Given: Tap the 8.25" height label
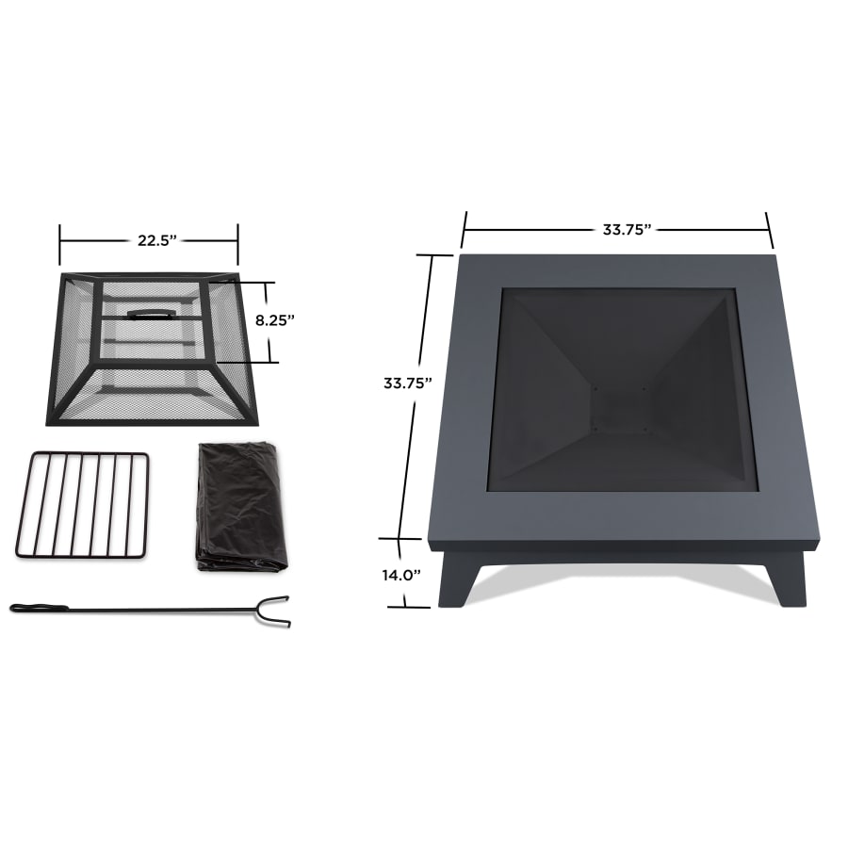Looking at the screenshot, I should (275, 319).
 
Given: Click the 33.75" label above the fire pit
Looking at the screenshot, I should (627, 229).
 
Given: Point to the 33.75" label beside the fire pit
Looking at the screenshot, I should (407, 383).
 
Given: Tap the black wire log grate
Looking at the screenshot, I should (83, 505).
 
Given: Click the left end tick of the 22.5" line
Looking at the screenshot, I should (60, 244).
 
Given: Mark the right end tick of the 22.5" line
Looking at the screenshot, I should (237, 244).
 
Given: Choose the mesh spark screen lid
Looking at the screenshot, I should (150, 377).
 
